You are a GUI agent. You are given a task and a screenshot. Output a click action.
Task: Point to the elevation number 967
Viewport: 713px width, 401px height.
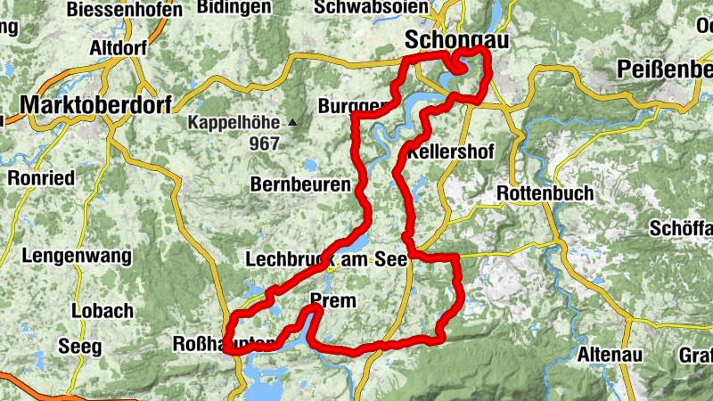pos(264,143)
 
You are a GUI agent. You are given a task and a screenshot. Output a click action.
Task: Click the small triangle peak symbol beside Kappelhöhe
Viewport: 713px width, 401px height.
pos(292,122)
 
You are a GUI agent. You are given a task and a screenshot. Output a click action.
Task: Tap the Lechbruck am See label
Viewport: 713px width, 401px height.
pos(325,259)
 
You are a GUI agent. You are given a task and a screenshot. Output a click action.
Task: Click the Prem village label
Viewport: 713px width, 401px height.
pos(332,301)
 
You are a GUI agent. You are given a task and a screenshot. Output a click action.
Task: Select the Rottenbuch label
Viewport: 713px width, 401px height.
pos(543,193)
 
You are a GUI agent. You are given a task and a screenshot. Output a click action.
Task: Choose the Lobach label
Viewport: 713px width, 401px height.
pos(103,311)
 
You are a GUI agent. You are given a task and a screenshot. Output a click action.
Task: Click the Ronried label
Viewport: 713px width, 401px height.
pos(41,178)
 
